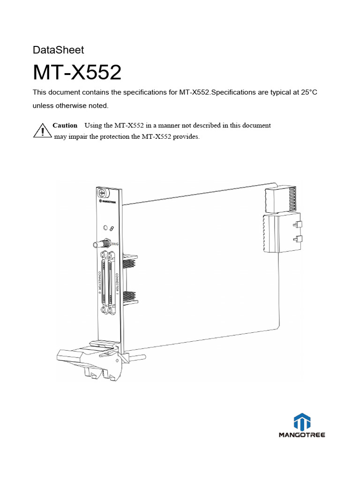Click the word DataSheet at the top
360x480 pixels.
pos(58,50)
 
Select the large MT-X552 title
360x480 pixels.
pos(77,73)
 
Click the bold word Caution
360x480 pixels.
pos(65,126)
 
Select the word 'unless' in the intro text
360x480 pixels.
pos(43,105)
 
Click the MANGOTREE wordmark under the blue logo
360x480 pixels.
pos(301,435)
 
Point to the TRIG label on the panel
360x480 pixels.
pos(115,244)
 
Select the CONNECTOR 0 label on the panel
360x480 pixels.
pos(100,282)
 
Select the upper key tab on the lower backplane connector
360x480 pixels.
pos(296,225)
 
